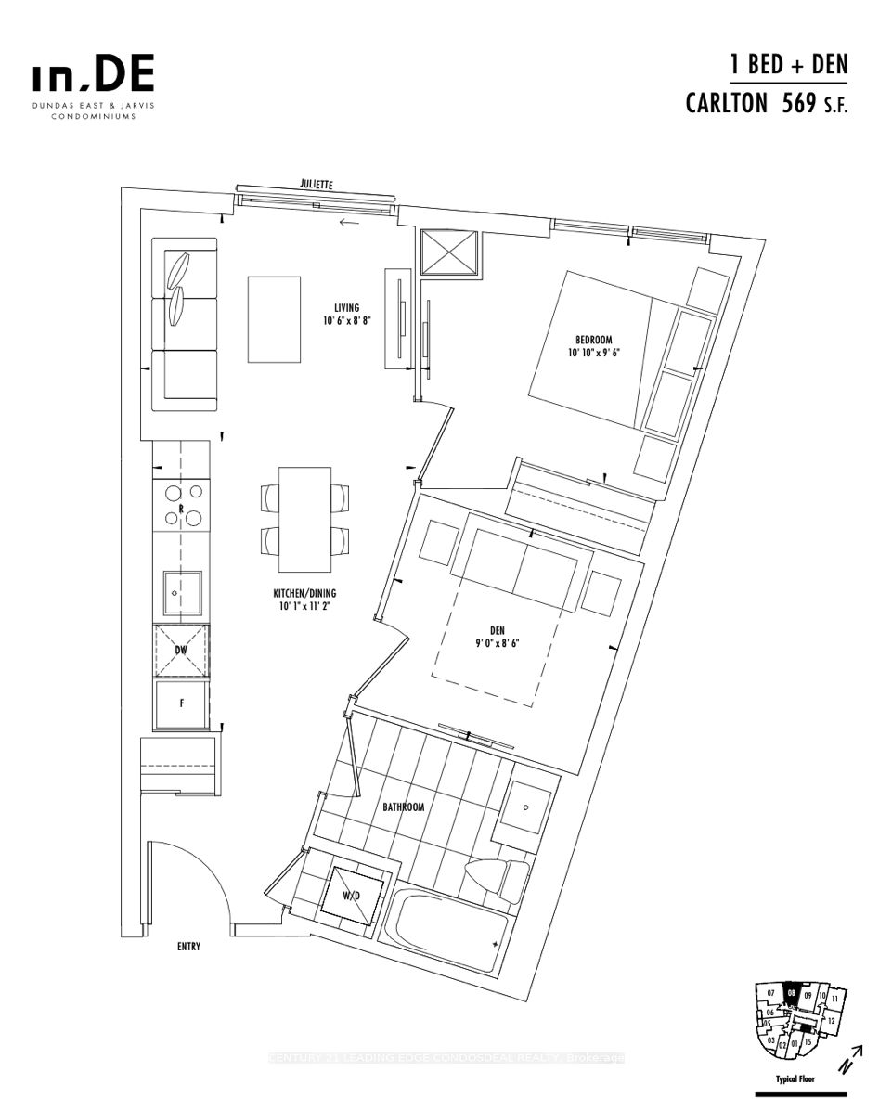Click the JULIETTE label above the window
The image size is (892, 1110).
(x=316, y=185)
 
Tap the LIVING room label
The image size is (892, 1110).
(x=347, y=308)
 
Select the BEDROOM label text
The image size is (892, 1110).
(x=593, y=338)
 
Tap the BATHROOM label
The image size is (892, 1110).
(x=404, y=807)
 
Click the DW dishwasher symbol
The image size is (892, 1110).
(x=182, y=651)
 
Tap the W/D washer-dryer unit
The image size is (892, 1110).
(x=350, y=895)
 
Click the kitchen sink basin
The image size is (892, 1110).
(x=180, y=589)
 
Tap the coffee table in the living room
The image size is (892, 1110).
(x=275, y=319)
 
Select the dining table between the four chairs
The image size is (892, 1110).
(x=305, y=519)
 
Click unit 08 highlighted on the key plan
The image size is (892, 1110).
(x=791, y=992)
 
